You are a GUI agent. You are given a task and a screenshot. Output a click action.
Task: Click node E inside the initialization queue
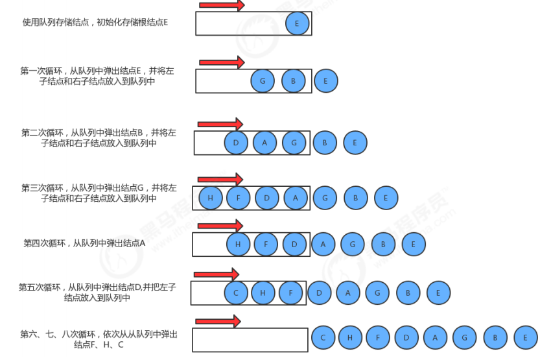pos(297,24)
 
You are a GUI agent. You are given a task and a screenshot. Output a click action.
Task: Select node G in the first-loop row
pos(263,81)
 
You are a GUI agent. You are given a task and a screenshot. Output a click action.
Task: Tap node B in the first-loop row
pos(293,81)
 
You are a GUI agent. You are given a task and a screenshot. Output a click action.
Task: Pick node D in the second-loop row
pos(236,143)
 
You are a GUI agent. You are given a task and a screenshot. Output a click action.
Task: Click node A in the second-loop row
pos(264,143)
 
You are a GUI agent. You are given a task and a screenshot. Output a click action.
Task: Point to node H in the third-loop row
pos(211,198)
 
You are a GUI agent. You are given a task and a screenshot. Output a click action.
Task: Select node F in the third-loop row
pos(239,198)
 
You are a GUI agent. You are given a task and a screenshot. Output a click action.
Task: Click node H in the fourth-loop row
pos(239,245)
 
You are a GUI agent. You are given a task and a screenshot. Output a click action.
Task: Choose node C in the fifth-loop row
pos(236,293)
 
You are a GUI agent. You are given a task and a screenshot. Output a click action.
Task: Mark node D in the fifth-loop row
pos(319,293)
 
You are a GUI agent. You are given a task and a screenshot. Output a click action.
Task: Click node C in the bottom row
pos(323,337)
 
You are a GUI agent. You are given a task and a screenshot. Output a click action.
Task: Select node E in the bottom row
pos(526,337)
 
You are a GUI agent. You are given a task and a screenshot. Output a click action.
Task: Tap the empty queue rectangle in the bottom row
pos(250,339)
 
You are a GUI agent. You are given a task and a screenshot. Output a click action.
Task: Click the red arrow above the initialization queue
pos(222,5)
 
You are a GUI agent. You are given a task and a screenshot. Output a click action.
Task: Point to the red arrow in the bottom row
pos(218,321)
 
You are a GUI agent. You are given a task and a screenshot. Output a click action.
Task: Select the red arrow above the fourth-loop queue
pos(220,226)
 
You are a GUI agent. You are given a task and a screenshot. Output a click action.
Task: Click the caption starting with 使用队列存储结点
pos(95,22)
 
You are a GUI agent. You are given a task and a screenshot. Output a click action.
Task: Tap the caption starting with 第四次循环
pos(84,243)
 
